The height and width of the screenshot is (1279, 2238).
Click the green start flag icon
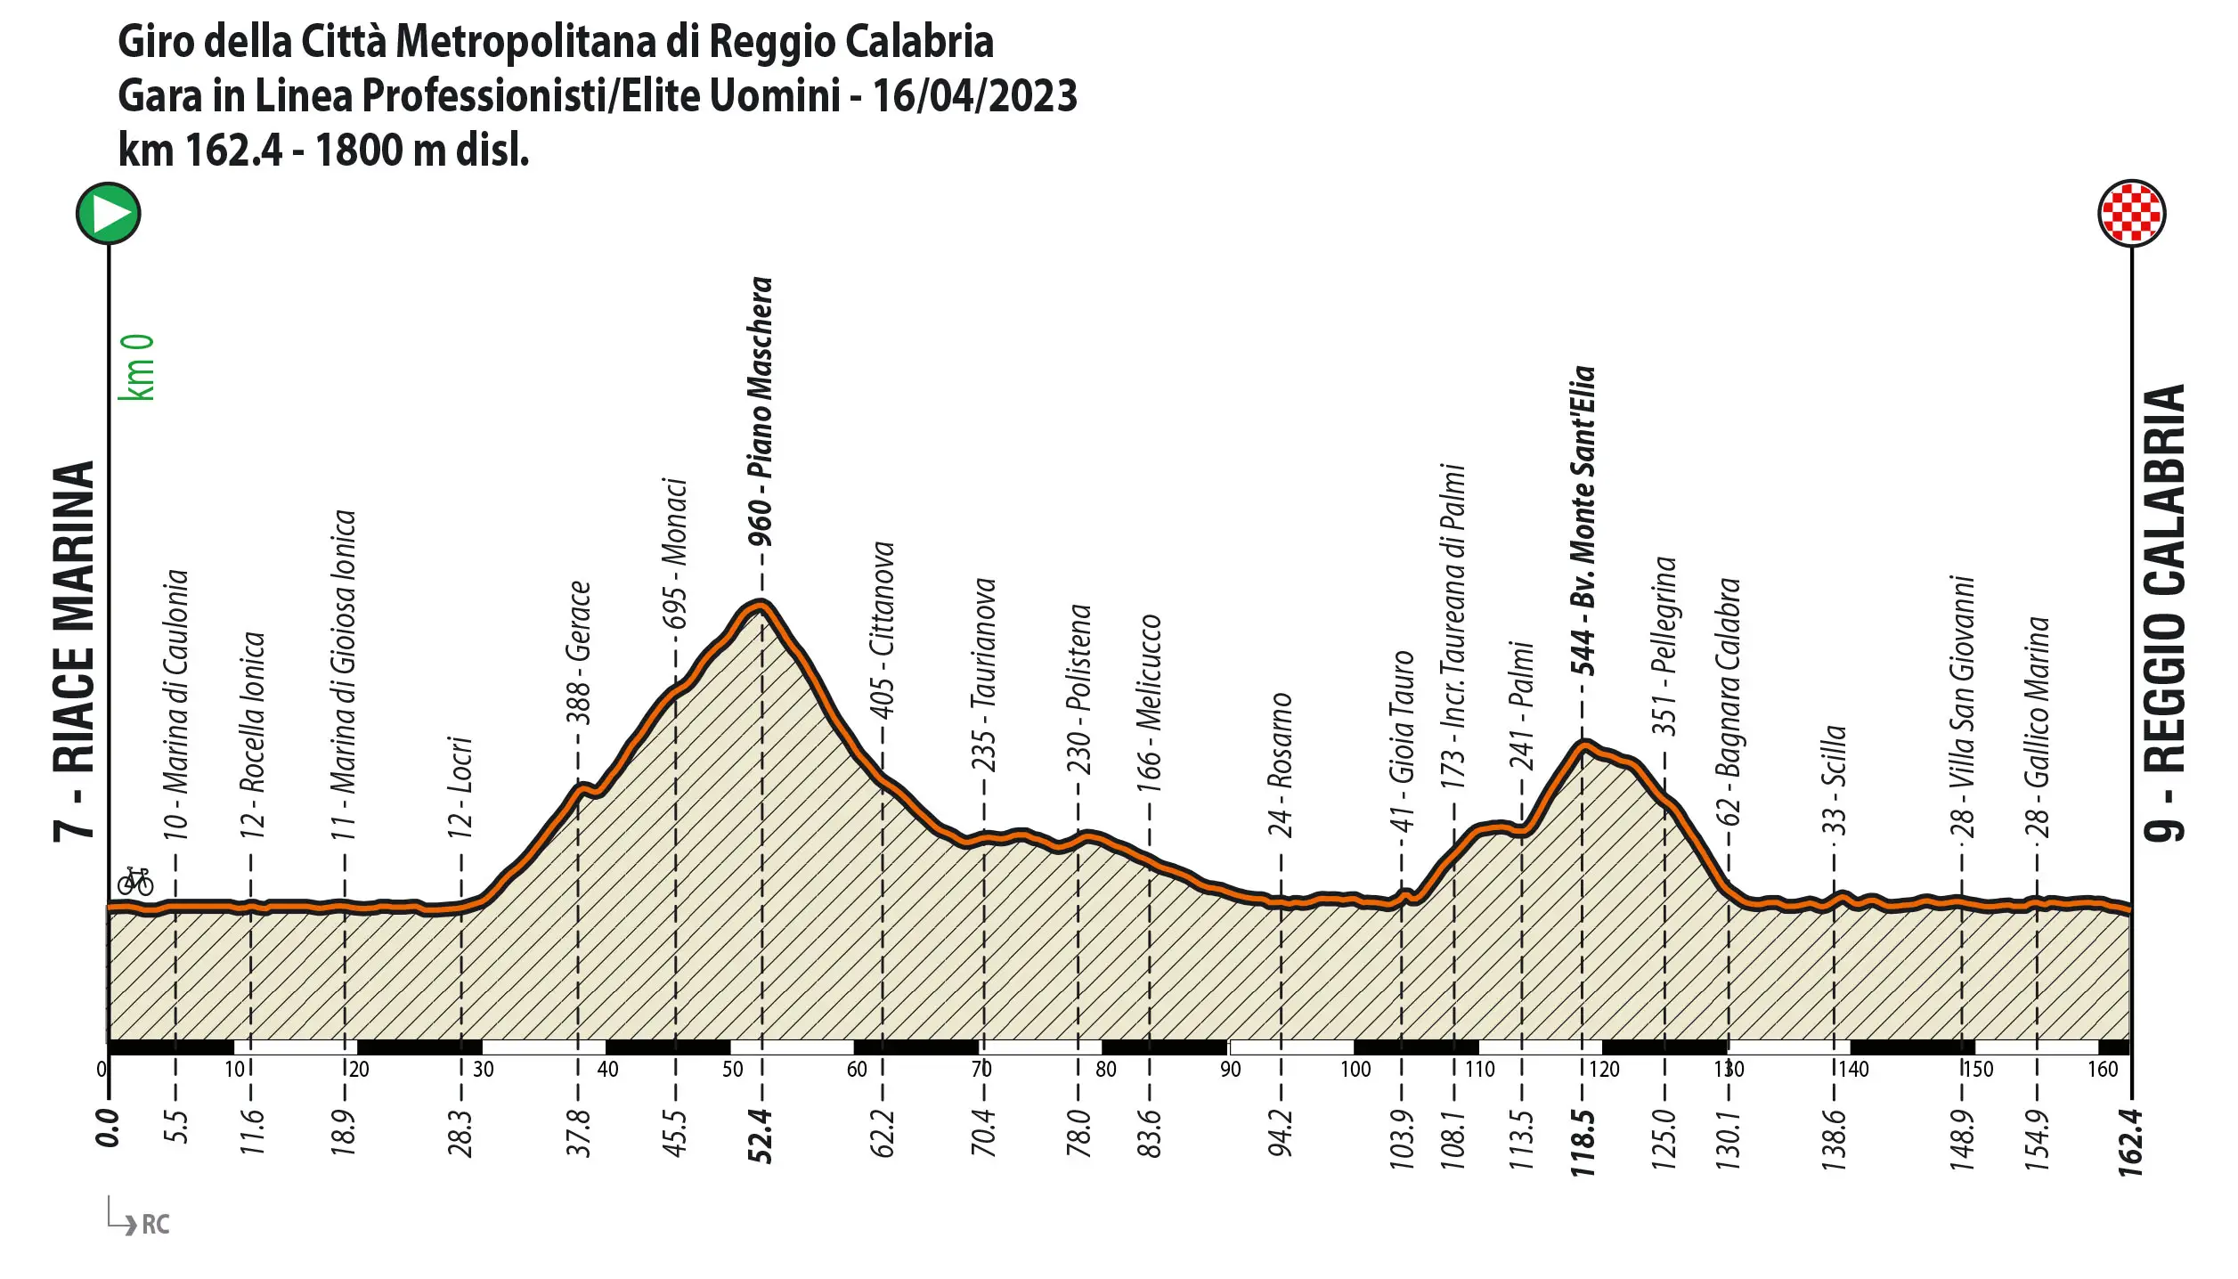(108, 214)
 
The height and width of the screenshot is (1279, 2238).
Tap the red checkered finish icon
(2131, 214)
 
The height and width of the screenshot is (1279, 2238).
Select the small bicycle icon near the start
(135, 881)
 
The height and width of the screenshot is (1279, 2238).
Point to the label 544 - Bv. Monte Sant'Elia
(1583, 520)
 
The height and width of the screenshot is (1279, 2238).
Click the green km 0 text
(139, 367)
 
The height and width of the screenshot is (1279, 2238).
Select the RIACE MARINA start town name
(74, 651)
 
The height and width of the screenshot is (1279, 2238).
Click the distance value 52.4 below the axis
(761, 1136)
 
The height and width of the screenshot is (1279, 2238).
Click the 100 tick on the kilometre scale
(1355, 1069)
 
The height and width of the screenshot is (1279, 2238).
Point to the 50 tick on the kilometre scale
(732, 1069)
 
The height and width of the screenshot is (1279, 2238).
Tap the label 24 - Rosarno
(1280, 765)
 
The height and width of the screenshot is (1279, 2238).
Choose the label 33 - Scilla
(1834, 780)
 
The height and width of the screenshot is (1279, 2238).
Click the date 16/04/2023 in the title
(974, 95)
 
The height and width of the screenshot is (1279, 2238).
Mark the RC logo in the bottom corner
(154, 1224)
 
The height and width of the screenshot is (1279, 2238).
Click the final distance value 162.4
(2131, 1143)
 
